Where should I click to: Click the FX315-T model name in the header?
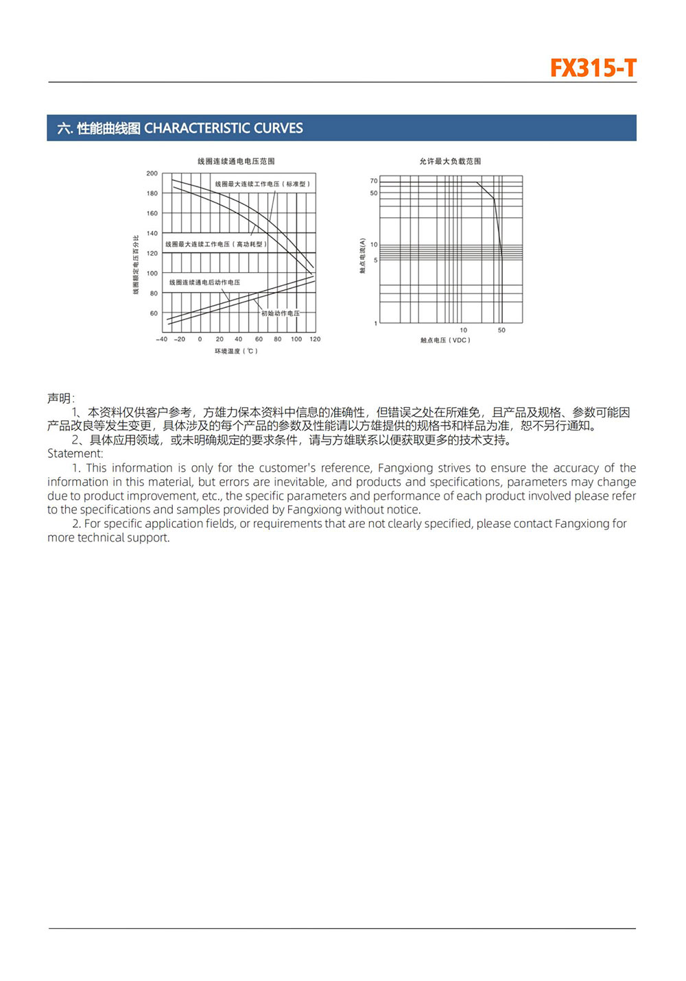point(593,69)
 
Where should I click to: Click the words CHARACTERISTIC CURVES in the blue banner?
point(223,128)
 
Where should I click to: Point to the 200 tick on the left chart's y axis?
point(152,173)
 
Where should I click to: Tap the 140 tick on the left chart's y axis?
point(152,233)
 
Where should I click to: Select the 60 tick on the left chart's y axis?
point(154,313)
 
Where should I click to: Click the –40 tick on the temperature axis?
point(161,339)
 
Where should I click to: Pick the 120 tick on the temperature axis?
point(315,339)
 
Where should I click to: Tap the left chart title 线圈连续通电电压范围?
point(236,161)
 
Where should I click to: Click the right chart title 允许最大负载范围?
point(450,161)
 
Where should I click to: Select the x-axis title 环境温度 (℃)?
point(236,351)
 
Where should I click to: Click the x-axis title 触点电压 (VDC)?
point(445,340)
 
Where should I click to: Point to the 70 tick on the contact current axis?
point(374,181)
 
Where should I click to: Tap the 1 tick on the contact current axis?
point(375,323)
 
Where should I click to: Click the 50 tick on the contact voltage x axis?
point(501,330)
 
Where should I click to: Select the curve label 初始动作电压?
point(280,313)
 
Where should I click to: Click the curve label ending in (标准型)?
point(263,184)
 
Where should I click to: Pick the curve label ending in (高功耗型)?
point(216,244)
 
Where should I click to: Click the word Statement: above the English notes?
point(75,454)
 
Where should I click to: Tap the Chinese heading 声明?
point(61,398)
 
